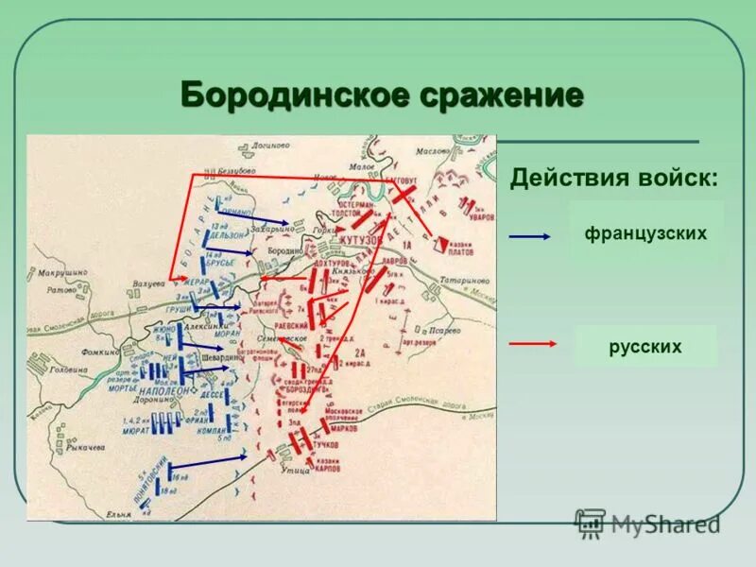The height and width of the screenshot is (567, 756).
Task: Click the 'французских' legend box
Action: (x=646, y=232)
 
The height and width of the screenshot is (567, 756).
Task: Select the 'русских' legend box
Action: (x=645, y=347)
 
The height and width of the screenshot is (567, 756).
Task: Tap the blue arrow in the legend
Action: (x=529, y=236)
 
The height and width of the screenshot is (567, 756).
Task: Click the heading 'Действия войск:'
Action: (x=612, y=179)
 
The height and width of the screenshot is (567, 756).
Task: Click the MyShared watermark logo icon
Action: (x=591, y=523)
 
